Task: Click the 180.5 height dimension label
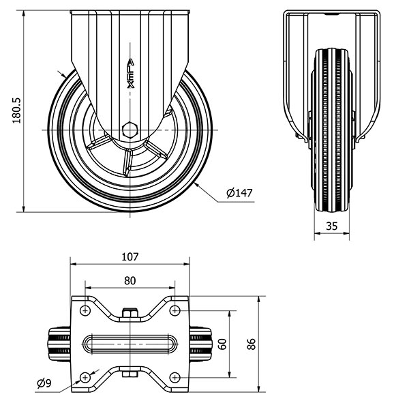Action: tap(16, 110)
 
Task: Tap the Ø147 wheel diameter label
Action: tap(239, 193)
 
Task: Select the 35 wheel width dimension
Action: tap(331, 226)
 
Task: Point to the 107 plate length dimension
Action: tap(130, 257)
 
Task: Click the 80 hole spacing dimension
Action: tap(130, 281)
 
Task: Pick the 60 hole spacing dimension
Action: tap(223, 344)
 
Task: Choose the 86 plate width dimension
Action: tap(251, 344)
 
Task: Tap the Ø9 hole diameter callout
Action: tap(44, 383)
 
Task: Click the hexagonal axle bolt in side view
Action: tap(130, 130)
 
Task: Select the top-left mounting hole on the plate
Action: tap(85, 310)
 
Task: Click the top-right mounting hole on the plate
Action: tap(175, 310)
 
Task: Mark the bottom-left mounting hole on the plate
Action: tap(85, 377)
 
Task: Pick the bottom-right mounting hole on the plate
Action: tap(175, 377)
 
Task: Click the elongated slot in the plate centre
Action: tap(130, 344)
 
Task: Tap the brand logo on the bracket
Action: tap(131, 74)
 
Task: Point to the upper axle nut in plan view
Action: tap(130, 312)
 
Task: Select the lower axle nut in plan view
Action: tap(130, 374)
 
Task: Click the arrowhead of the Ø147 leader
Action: tap(196, 185)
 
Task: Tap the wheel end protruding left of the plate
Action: tap(59, 344)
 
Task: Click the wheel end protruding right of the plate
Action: tap(201, 344)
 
